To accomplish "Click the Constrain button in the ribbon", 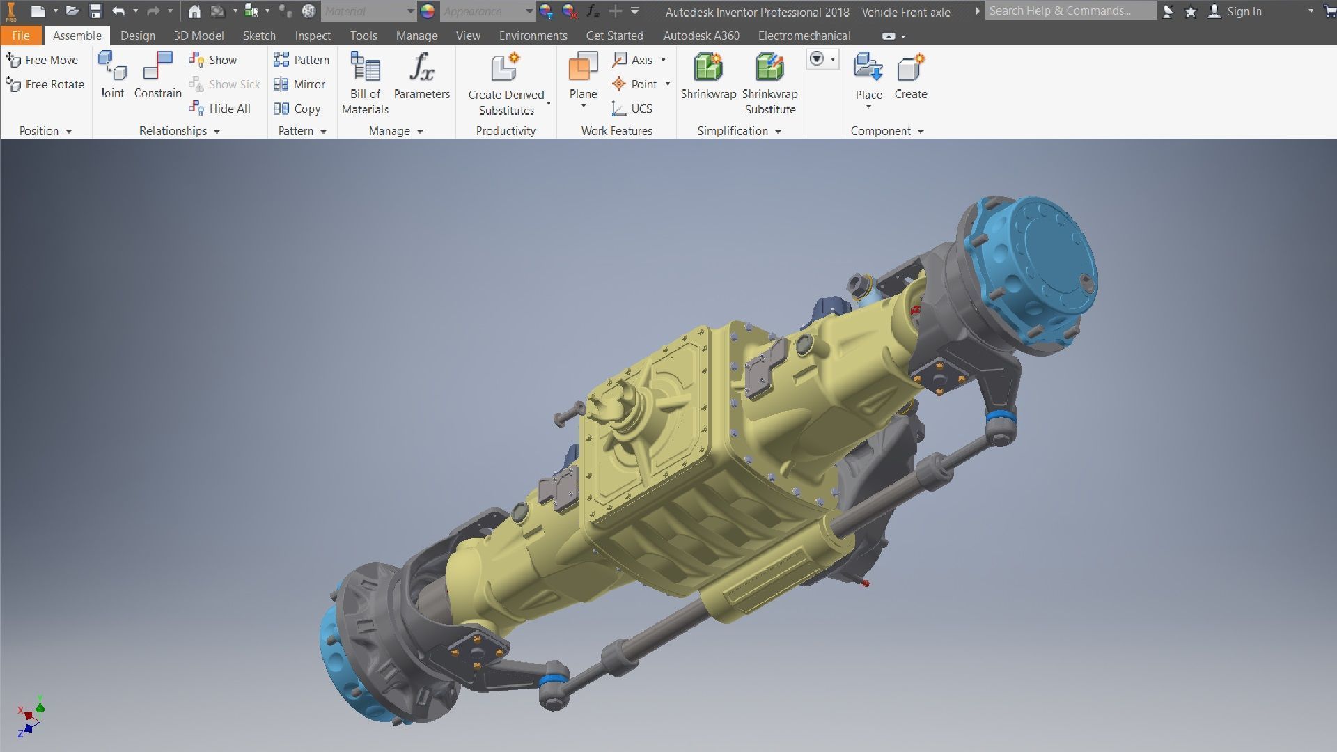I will coord(157,75).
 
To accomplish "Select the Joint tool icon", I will coord(112,75).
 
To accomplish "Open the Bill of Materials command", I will coord(365,82).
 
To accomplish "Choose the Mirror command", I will coord(300,84).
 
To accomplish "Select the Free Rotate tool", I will coord(45,84).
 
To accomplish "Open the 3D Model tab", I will coord(198,36).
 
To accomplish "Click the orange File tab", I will coord(21,36).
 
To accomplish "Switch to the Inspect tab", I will coord(313,36).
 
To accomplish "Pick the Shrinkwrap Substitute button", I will coord(769,82).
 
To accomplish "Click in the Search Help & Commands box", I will coord(1069,11).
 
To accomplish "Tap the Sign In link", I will coord(1244,11).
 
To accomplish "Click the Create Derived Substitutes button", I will coord(506,84).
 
